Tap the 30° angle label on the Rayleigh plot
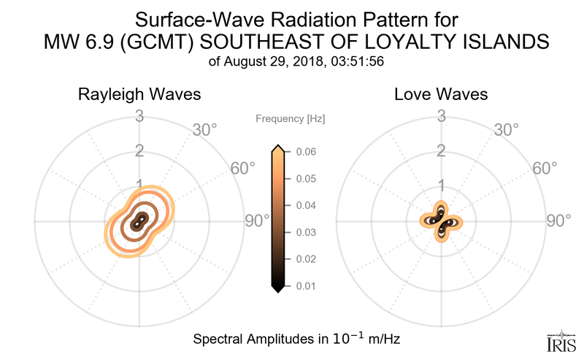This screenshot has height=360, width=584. (205, 131)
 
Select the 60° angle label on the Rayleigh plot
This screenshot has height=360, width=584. (243, 169)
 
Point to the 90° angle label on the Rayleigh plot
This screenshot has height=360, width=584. (256, 221)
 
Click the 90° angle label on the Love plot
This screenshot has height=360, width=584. (558, 221)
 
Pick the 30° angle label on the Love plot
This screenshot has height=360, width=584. (507, 131)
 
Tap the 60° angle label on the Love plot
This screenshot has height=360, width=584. (545, 169)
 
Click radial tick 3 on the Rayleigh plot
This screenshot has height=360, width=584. (139, 115)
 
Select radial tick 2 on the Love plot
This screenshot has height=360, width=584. (441, 151)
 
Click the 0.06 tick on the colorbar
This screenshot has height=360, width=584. (306, 152)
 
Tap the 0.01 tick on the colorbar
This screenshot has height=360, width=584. (306, 286)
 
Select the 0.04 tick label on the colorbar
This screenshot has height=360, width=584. (306, 205)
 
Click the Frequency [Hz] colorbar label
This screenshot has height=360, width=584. (291, 118)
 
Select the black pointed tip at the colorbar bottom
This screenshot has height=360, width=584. (277, 289)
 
